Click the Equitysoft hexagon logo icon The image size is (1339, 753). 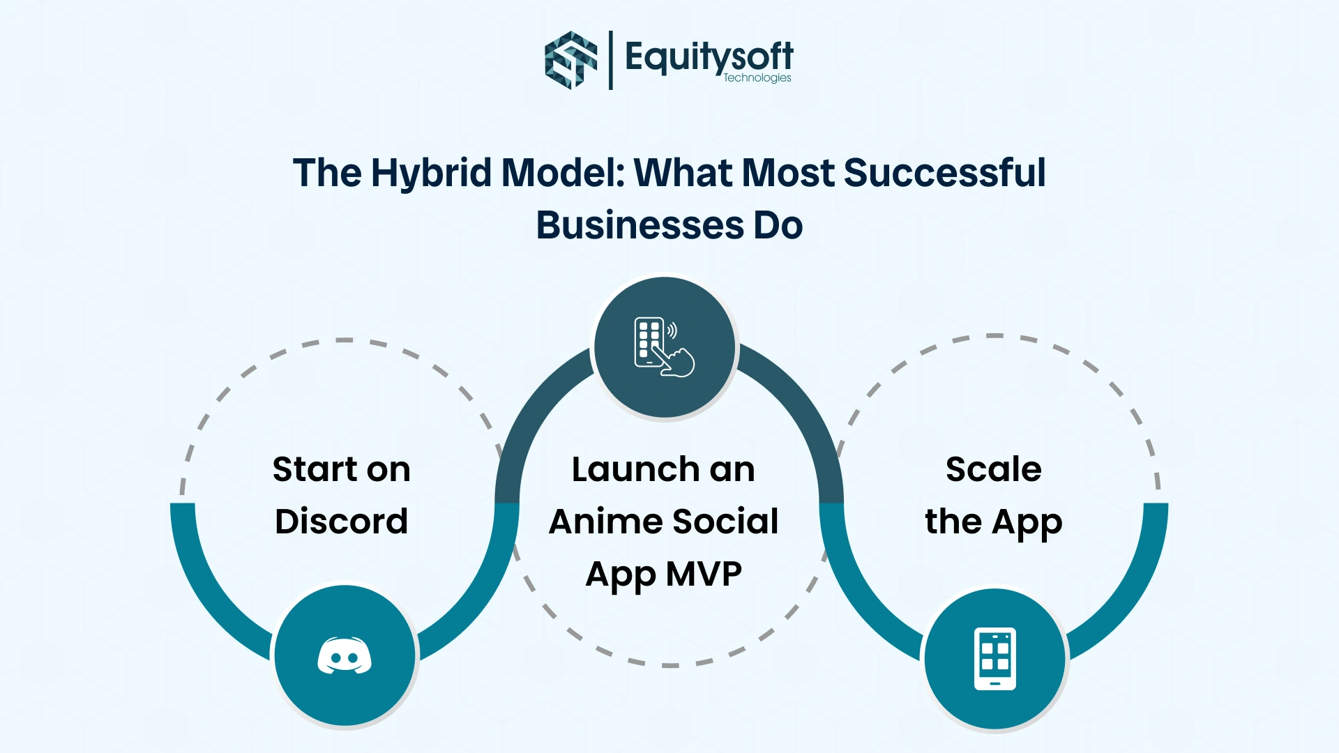click(x=571, y=60)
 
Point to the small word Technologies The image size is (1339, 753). click(x=757, y=78)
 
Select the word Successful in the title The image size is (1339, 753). click(x=945, y=173)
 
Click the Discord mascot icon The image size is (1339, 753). click(x=345, y=656)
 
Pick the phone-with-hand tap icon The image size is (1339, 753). click(x=664, y=347)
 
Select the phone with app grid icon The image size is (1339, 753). click(x=995, y=659)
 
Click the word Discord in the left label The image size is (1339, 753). click(x=342, y=522)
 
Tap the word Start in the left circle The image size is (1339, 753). click(x=312, y=469)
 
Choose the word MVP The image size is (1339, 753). click(x=704, y=574)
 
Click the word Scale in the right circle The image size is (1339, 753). click(x=994, y=469)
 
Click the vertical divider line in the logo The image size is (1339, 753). click(x=611, y=60)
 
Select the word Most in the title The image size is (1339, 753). click(x=787, y=173)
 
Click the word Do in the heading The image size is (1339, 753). click(x=778, y=225)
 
